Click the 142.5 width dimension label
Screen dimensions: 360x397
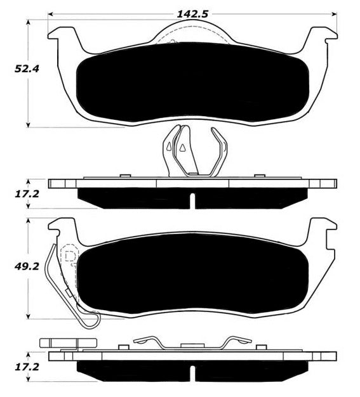pos(192,14)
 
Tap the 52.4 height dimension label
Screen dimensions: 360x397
pos(27,69)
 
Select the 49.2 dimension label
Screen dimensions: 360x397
pos(27,266)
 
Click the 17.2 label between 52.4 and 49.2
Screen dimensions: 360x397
pos(27,194)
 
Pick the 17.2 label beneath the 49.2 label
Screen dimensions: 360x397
pos(27,367)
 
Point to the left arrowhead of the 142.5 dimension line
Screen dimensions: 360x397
pos(50,14)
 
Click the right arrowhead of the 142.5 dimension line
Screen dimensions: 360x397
pos(335,14)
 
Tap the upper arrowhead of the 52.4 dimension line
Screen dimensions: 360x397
pos(28,23)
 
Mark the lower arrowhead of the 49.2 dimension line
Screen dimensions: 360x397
pos(28,316)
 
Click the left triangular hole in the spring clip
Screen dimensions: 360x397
pos(168,146)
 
